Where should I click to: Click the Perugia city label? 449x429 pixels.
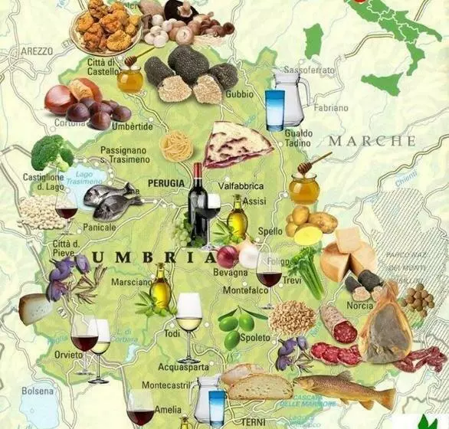169,183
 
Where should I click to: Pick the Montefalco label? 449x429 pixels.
245,291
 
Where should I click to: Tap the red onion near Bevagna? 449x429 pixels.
227,257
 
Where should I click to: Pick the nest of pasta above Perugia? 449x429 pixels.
176,146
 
